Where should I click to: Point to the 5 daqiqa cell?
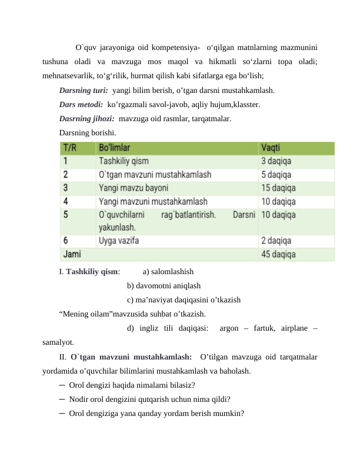[279, 174]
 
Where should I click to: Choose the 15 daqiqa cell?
[281, 188]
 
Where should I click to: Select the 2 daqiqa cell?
[279, 241]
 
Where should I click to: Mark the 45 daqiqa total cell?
[281, 254]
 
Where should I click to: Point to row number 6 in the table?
[66, 241]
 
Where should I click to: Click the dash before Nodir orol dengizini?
[62, 398]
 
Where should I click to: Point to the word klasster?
[246, 105]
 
